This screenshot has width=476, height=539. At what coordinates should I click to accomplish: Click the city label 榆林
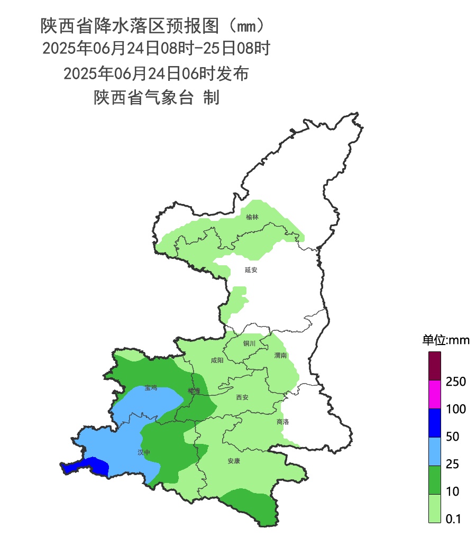[x=253, y=217]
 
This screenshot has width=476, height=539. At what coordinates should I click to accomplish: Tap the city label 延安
[x=251, y=270]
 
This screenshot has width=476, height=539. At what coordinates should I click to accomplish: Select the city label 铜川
[x=249, y=343]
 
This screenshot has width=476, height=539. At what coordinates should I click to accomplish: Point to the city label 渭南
[x=280, y=356]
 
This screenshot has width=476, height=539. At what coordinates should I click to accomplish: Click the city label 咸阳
[x=217, y=360]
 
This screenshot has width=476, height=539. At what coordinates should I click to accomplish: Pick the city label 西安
[x=242, y=397]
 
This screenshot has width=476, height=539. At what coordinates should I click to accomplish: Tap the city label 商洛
[x=283, y=422]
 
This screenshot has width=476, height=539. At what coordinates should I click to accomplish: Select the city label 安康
[x=234, y=461]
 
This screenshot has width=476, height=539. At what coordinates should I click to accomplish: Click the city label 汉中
[x=144, y=452]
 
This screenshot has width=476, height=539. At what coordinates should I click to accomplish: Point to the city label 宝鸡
[x=151, y=388]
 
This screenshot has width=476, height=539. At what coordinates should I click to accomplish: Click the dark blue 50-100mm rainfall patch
[x=90, y=466]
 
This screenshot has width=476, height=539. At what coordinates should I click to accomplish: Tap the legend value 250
[x=455, y=382]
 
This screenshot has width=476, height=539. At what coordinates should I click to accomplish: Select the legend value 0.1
[x=453, y=519]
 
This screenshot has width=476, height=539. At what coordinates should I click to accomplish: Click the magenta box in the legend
[x=435, y=395]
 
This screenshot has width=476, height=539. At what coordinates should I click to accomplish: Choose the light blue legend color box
[x=435, y=451]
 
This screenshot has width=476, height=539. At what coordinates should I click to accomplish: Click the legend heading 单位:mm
[x=445, y=340]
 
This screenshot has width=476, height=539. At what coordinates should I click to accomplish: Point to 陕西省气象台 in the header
[x=143, y=98]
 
